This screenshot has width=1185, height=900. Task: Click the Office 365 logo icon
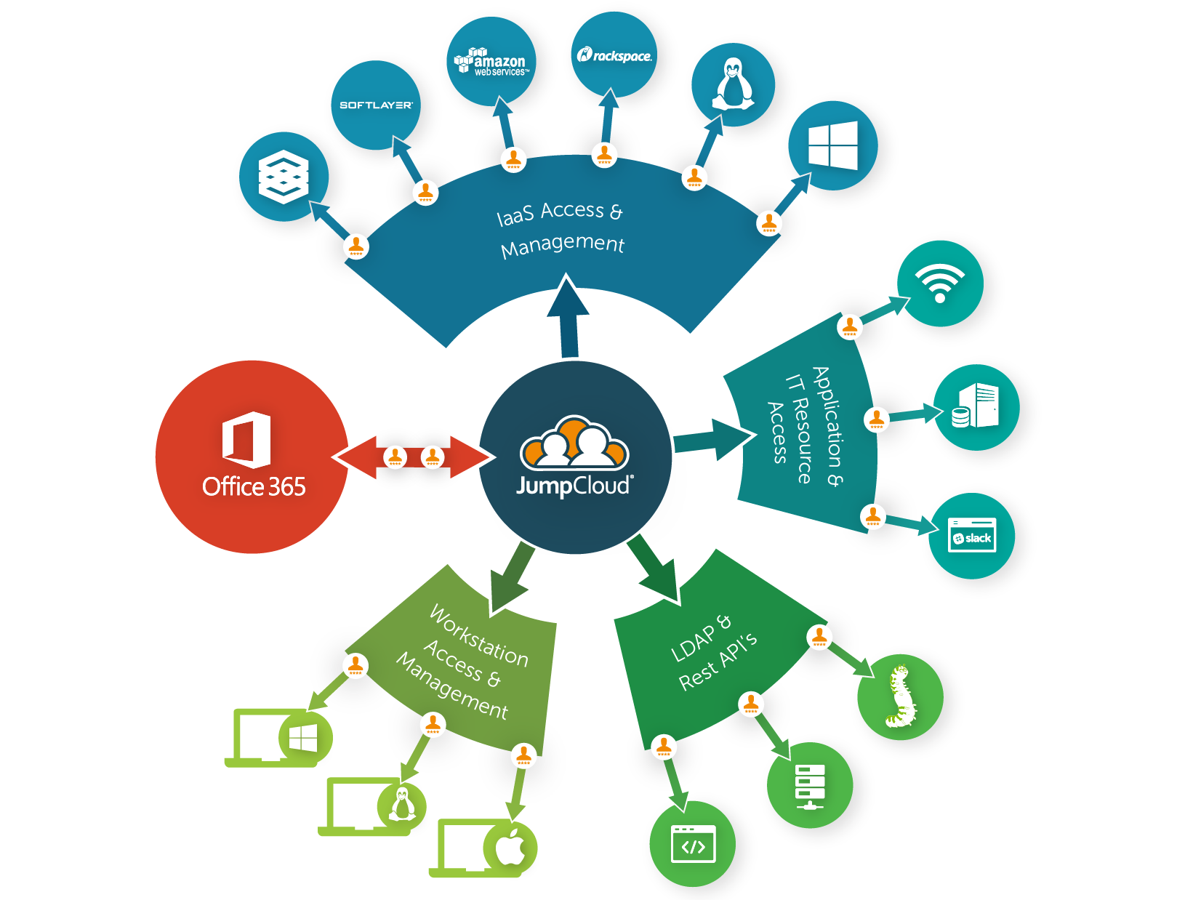pyautogui.click(x=246, y=439)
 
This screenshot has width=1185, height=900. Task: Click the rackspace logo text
pyautogui.click(x=615, y=55)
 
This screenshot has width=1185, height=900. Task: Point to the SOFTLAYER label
pyautogui.click(x=376, y=105)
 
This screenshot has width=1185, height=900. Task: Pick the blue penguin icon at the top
pyautogui.click(x=733, y=84)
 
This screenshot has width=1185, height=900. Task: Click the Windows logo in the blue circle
pyautogui.click(x=832, y=145)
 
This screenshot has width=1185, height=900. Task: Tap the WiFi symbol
pyautogui.click(x=939, y=283)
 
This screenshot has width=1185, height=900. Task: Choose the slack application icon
pyautogui.click(x=972, y=537)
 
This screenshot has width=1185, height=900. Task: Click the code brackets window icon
pyautogui.click(x=693, y=845)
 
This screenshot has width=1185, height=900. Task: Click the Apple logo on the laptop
pyautogui.click(x=510, y=846)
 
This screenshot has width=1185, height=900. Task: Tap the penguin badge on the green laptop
pyautogui.click(x=401, y=804)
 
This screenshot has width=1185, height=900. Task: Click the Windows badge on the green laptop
pyautogui.click(x=304, y=739)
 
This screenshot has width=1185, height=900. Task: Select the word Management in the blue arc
pyautogui.click(x=563, y=245)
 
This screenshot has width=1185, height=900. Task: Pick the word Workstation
pyautogui.click(x=478, y=636)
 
